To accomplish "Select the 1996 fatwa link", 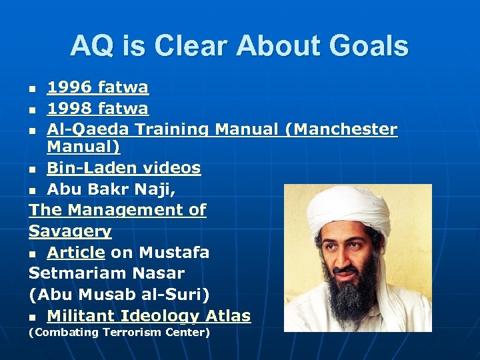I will (x=97, y=87).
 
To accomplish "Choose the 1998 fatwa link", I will (x=97, y=108).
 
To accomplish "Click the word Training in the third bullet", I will (x=175, y=129).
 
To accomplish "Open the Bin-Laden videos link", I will (x=123, y=169).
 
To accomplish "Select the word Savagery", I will (x=70, y=231).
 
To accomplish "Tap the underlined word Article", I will (x=75, y=252).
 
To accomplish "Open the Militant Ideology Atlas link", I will (x=149, y=315).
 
